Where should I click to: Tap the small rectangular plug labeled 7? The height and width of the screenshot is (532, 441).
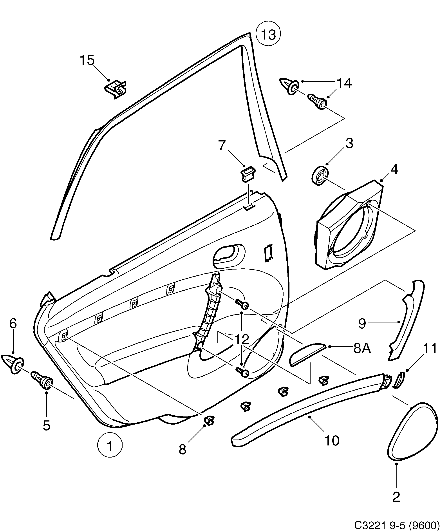click(x=248, y=175)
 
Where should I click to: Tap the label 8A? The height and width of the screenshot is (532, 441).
click(x=362, y=349)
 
